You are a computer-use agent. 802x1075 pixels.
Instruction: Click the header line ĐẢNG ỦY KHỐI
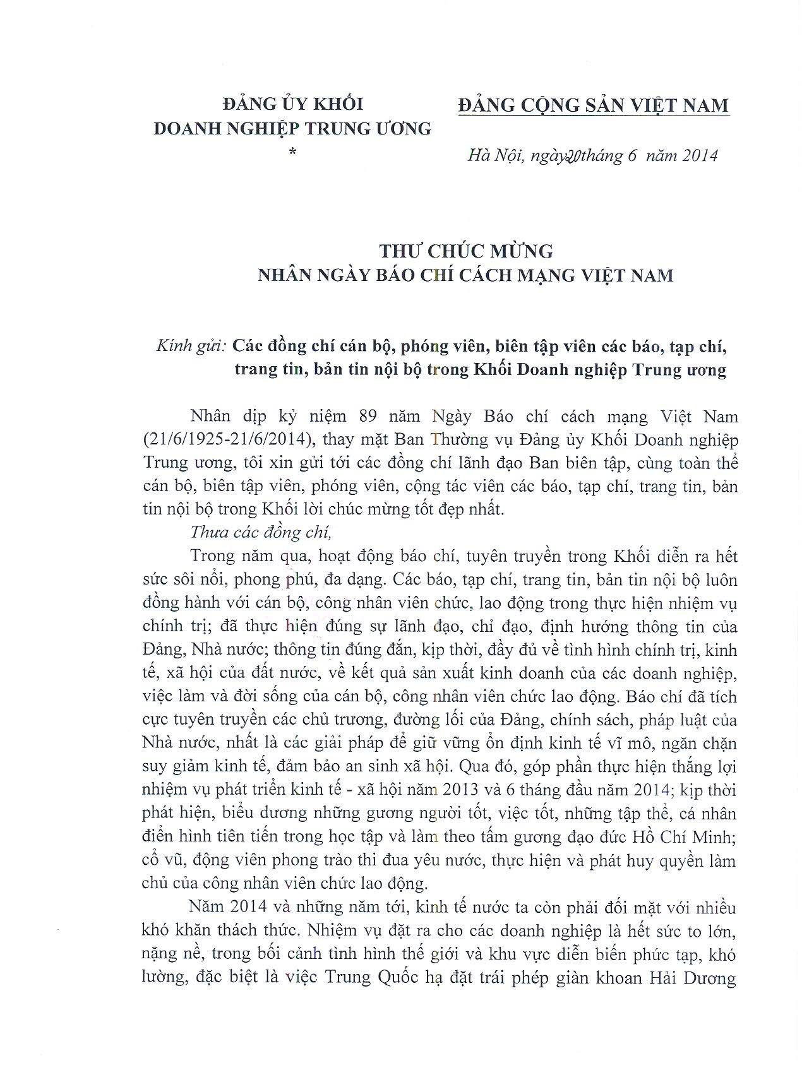(292, 103)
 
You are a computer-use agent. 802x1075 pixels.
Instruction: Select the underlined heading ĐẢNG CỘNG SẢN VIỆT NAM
(593, 105)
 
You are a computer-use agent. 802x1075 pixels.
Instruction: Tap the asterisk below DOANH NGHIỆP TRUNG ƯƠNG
(292, 151)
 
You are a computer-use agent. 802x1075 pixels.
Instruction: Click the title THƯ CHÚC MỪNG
(466, 251)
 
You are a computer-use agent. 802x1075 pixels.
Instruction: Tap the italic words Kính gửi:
(191, 346)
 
